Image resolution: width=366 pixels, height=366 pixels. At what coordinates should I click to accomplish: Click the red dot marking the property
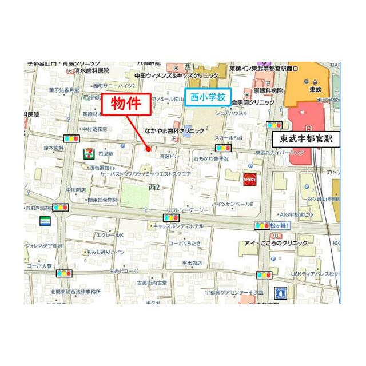(x=148, y=149)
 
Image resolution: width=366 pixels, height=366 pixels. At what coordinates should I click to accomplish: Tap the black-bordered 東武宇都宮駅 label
(x=305, y=138)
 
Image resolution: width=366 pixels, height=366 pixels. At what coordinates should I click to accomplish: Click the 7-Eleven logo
(x=87, y=153)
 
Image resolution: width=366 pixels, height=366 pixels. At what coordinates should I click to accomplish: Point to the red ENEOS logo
(x=249, y=178)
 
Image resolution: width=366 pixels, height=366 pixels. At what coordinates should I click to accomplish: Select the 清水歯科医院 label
(x=92, y=71)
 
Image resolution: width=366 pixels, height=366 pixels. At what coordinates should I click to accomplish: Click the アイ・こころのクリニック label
(x=276, y=243)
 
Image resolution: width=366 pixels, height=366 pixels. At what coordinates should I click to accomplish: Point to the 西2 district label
(x=154, y=187)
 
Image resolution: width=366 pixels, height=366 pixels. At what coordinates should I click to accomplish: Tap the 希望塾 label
(x=105, y=153)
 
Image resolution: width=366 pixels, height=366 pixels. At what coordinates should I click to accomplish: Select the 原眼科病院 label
(x=268, y=90)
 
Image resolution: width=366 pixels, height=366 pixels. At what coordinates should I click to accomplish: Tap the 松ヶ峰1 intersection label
(x=282, y=226)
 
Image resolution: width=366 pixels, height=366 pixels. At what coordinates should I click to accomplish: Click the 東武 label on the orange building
(x=315, y=90)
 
